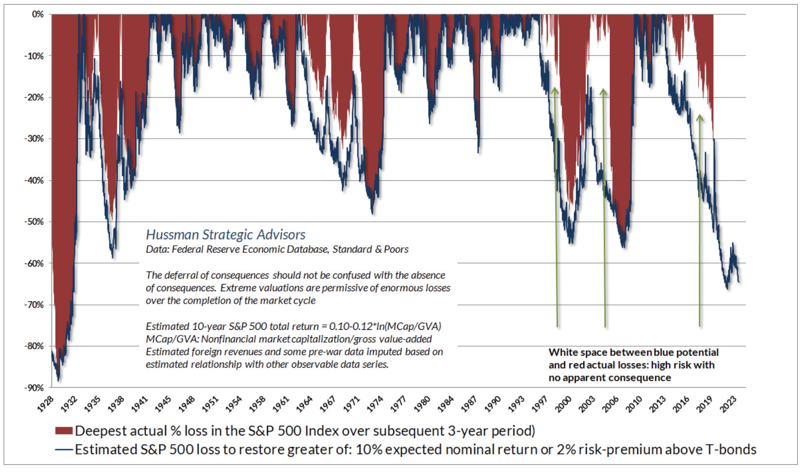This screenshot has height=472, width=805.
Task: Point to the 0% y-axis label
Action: click(x=38, y=15)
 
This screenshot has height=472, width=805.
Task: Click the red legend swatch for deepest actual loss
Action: click(x=64, y=431)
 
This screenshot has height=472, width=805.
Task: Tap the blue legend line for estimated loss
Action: click(x=64, y=450)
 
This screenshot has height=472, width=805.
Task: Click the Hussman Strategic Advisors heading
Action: click(x=226, y=235)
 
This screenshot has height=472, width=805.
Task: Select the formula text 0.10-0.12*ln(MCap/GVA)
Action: click(x=385, y=326)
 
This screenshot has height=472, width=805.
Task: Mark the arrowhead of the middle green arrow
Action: click(x=603, y=92)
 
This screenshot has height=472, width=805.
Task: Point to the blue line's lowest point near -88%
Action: click(x=59, y=380)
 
